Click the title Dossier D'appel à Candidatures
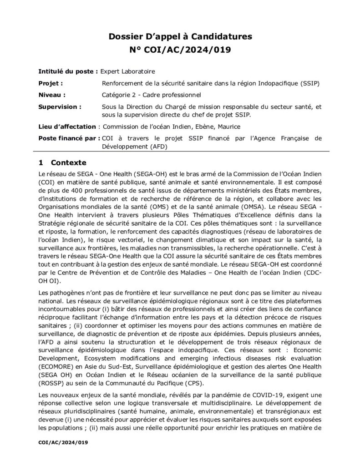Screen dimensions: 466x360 point(180,36)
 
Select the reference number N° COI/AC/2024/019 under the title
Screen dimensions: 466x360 point(180,50)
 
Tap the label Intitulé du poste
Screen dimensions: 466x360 point(67,71)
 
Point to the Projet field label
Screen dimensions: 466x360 point(51,83)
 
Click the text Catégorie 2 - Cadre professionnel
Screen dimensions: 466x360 point(152,95)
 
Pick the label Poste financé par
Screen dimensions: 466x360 point(67,138)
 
